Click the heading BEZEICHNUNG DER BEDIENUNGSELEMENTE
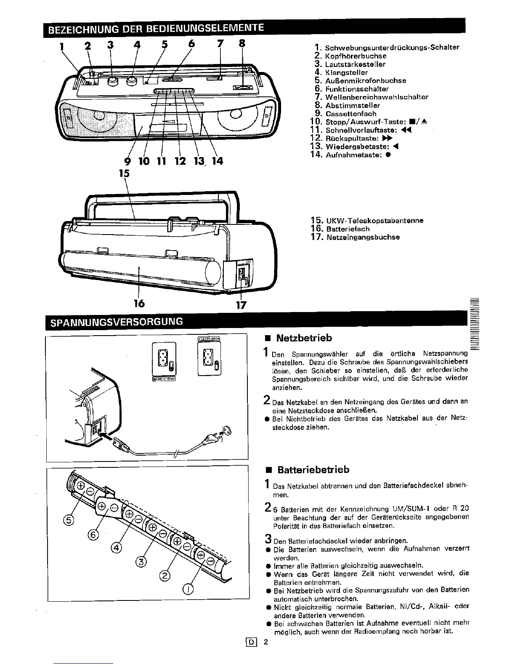click(155, 29)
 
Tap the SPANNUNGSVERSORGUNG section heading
click(117, 322)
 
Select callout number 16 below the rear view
click(139, 303)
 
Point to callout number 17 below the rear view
click(241, 305)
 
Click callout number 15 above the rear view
click(125, 173)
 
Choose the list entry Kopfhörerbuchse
click(356, 56)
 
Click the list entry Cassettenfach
click(350, 114)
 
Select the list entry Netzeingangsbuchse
click(362, 237)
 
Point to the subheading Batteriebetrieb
click(313, 470)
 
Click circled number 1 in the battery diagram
click(188, 589)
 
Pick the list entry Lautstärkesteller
click(355, 64)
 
